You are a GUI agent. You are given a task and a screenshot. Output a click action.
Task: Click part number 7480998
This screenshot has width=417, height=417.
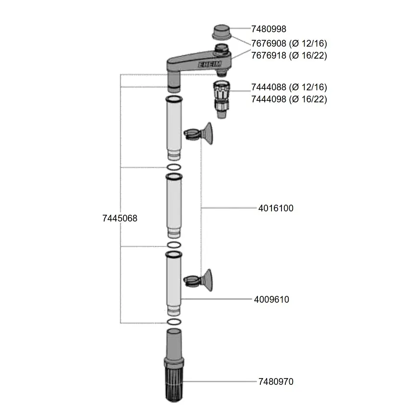(269, 29)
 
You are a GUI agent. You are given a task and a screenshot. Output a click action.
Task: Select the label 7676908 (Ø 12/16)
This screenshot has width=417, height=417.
(289, 43)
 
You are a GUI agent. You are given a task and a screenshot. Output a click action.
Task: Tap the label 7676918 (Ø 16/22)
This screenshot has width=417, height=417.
(289, 56)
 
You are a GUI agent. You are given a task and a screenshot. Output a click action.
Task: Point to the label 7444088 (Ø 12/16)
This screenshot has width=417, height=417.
(289, 87)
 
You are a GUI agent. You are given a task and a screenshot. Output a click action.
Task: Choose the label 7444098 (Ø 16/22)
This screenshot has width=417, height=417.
(289, 99)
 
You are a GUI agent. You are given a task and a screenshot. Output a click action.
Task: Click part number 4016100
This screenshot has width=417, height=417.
(276, 208)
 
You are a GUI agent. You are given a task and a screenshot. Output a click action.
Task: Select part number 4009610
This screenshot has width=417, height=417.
(271, 299)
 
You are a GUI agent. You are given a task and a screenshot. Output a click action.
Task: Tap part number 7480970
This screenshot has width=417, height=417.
(276, 381)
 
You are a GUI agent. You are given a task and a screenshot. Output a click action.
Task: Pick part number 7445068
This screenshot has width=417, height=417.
(120, 218)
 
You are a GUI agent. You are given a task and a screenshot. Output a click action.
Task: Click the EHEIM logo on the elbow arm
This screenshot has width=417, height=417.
(209, 64)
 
